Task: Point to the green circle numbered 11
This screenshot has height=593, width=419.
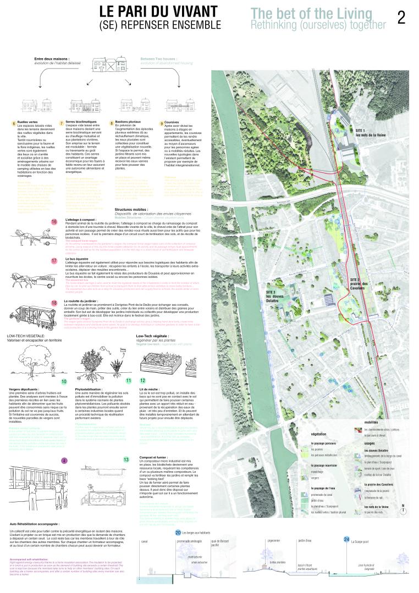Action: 129,380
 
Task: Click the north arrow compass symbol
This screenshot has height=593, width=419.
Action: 403,507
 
